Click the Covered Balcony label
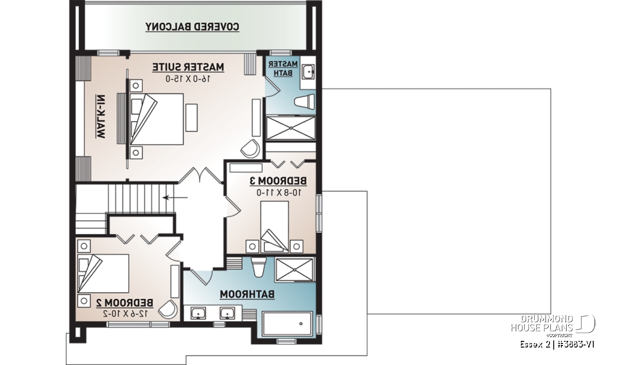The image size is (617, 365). (192, 27)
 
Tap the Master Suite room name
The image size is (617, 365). (188, 67)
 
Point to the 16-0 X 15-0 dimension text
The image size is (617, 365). (188, 79)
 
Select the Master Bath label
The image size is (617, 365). (283, 68)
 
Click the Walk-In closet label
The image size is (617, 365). (101, 117)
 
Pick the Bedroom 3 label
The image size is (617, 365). (278, 181)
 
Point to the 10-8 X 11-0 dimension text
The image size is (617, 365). (279, 193)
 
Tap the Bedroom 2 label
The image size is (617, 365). (125, 303)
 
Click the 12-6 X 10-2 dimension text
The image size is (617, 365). (125, 313)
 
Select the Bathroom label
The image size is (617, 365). (247, 294)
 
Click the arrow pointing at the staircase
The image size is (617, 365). (175, 198)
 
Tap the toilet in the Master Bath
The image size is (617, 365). (304, 102)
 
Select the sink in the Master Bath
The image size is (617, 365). (308, 72)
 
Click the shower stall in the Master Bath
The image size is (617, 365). (291, 128)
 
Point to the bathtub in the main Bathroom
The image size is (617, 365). (287, 324)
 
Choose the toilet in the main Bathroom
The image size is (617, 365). (259, 267)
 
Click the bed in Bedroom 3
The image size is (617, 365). (275, 226)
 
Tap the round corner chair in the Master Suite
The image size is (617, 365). (251, 148)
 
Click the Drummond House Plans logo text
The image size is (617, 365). (542, 323)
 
